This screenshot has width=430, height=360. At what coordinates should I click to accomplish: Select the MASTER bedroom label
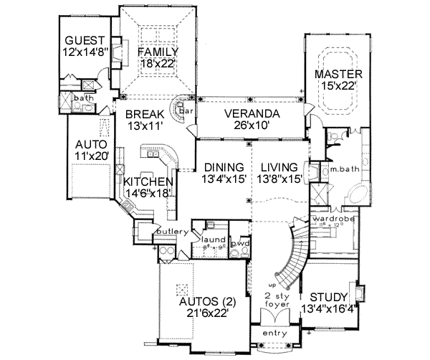tap(338, 74)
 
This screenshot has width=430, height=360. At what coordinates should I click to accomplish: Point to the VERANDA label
tap(251, 115)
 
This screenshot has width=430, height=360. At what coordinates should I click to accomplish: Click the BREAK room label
tap(146, 114)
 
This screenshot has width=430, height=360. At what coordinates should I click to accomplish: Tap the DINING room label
tap(221, 167)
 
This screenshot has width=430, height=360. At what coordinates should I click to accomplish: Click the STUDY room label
tap(330, 297)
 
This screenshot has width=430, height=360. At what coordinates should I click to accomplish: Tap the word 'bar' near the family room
tap(184, 112)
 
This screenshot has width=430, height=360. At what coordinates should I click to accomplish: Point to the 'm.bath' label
tap(333, 170)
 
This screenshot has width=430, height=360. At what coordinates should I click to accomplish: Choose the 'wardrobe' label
tap(330, 217)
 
